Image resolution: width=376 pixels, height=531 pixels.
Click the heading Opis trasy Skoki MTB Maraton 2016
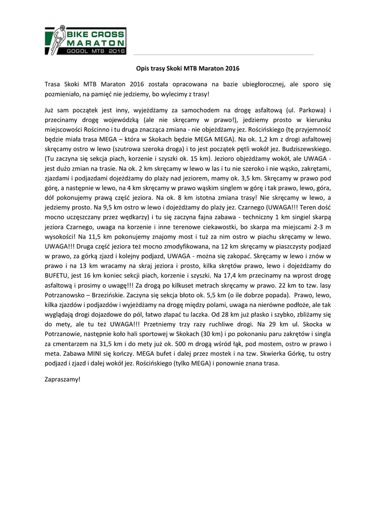tap(188, 68)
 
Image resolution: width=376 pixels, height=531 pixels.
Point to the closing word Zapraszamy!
tap(63, 379)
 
